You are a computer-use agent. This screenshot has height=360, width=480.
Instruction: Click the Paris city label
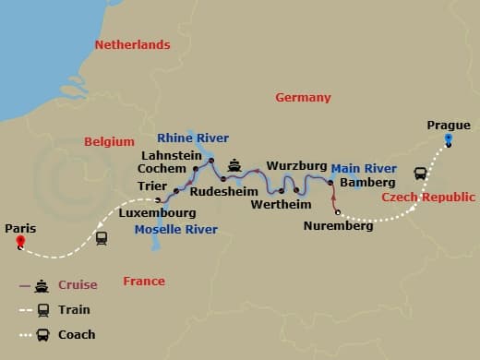click(x=19, y=227)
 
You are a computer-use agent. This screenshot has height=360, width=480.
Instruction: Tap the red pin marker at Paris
click(x=20, y=244)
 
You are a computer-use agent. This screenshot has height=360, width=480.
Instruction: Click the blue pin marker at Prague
click(x=448, y=140)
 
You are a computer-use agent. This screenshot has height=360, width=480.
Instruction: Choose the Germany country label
click(x=303, y=98)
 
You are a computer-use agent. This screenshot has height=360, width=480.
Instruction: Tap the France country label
click(x=144, y=281)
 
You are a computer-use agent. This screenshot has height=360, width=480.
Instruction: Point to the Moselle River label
click(x=175, y=230)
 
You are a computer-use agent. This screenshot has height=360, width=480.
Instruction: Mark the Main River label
click(x=364, y=169)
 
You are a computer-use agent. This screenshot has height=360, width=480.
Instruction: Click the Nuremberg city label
click(x=339, y=225)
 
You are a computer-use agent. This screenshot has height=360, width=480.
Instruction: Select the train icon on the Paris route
click(x=102, y=237)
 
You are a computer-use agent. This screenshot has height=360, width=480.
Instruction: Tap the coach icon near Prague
click(x=420, y=173)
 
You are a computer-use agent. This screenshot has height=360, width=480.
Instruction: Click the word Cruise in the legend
click(x=78, y=285)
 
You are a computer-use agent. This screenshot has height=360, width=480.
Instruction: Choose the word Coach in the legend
click(x=78, y=335)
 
